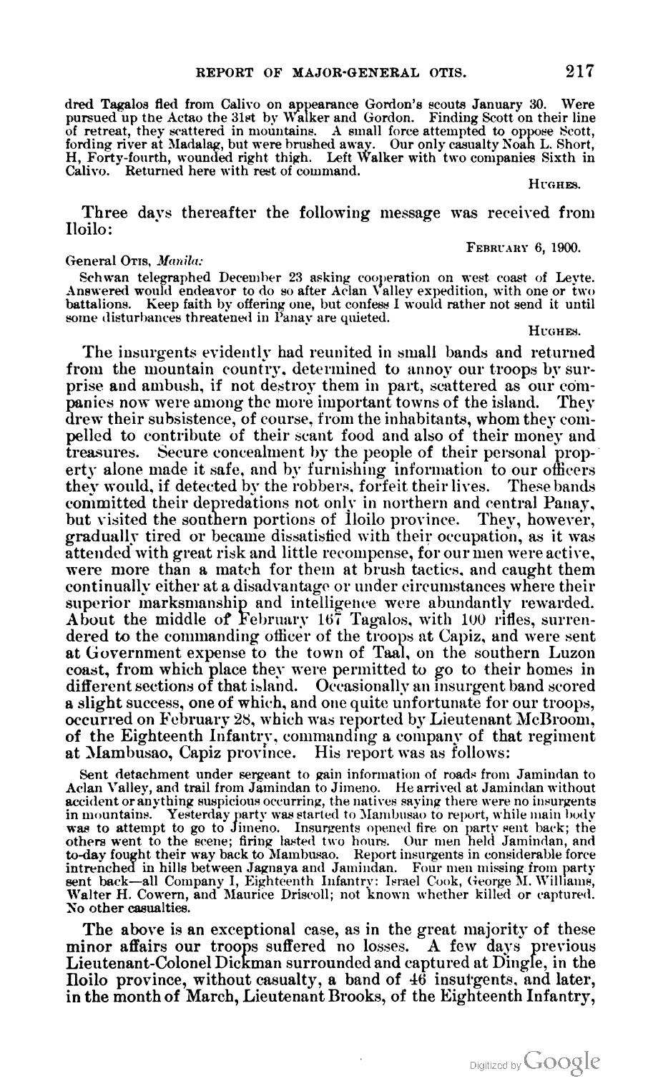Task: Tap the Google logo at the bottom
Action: [x=561, y=1062]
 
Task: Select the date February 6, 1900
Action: [x=523, y=248]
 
